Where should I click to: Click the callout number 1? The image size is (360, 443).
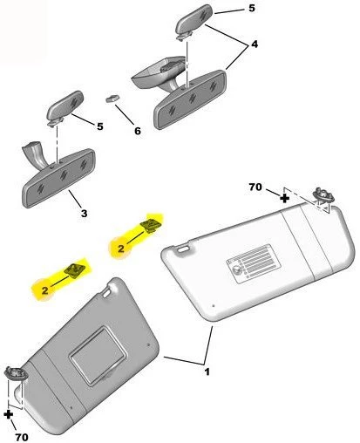coord(207,371)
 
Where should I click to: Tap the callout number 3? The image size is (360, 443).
coord(84,214)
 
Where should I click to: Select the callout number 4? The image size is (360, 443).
coord(255,44)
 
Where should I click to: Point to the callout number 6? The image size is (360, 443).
coord(138,131)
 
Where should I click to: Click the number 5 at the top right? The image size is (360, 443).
coord(252,8)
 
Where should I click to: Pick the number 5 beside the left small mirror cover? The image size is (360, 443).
coord(100,126)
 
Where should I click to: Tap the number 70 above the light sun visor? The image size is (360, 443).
coord(255,187)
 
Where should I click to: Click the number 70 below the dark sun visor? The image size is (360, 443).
coord(22,437)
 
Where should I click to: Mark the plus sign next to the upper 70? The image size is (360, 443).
coord(284,198)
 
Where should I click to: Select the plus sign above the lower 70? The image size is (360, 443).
coord(9,414)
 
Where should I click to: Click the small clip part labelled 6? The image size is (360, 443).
coord(113,98)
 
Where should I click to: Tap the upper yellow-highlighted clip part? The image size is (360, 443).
coord(151,226)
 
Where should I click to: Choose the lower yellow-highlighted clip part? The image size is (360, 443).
coord(75,270)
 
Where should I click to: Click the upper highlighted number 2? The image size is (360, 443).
coord(121,249)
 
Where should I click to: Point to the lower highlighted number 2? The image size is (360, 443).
coord(44,290)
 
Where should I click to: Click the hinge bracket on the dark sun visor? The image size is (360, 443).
coord(16,373)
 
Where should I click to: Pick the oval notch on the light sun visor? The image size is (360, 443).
coord(183,249)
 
